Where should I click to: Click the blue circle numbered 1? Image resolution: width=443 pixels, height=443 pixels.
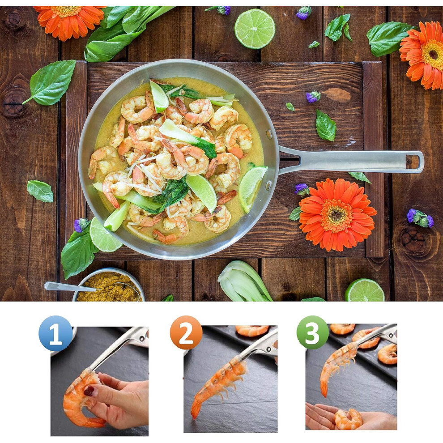55,333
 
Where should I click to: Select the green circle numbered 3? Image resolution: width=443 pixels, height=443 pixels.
312,332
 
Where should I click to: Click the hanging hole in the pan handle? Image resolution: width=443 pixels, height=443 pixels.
413,162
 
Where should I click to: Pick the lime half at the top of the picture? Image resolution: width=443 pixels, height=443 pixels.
255,29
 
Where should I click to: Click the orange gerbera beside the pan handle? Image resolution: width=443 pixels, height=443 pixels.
337,215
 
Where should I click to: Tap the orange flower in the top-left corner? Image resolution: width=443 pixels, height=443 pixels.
69,20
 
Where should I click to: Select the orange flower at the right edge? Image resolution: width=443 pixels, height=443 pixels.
423,55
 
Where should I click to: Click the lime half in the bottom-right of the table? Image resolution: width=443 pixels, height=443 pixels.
364,290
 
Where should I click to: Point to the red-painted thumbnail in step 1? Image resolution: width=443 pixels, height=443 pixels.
89,391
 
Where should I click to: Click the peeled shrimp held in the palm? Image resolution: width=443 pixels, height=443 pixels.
348,419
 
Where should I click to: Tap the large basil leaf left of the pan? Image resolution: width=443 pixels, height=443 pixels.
51,82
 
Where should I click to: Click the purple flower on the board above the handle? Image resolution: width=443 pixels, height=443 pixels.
313,97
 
